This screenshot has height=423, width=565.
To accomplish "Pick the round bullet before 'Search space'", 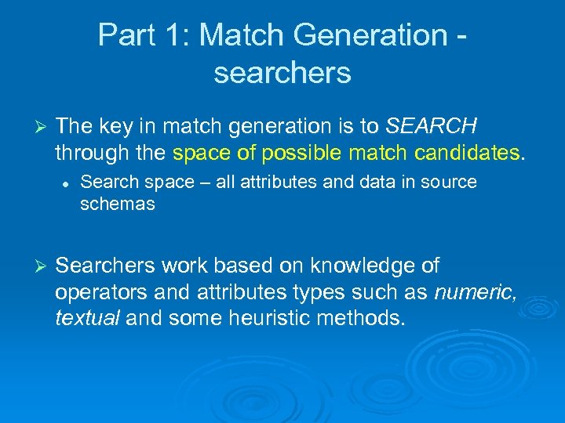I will pyautogui.click(x=67, y=183).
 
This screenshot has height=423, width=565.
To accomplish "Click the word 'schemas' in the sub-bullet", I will pyautogui.click(x=118, y=204).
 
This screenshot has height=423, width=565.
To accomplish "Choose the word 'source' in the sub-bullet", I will pyautogui.click(x=450, y=183).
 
